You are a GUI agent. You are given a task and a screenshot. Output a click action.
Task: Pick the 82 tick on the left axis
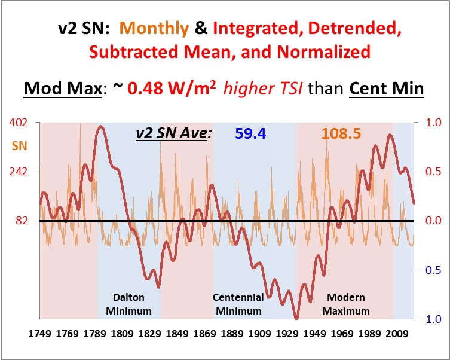22,221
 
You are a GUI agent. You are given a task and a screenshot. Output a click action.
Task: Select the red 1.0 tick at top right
432,123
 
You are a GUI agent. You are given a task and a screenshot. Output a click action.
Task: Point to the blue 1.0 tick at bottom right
432,319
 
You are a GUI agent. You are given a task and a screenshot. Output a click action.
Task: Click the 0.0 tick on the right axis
432,221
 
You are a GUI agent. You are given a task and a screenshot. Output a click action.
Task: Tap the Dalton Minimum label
132,304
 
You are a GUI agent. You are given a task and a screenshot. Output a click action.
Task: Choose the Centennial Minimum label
238,304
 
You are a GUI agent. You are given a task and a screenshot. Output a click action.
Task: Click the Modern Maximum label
346,304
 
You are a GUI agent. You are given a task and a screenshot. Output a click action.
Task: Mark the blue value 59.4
251,133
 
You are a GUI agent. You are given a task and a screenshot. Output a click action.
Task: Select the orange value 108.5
341,133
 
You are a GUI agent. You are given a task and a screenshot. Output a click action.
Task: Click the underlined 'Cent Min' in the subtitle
387,89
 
